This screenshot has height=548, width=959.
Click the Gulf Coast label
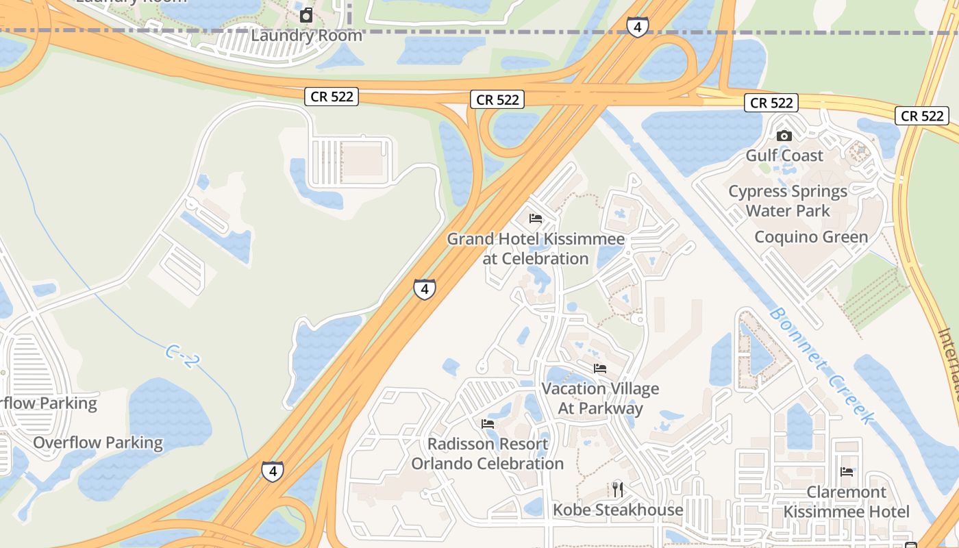coord(784,155)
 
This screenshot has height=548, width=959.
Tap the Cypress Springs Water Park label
coord(788,201)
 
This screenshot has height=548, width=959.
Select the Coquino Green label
coord(811,237)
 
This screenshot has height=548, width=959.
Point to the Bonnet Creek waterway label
coord(821,365)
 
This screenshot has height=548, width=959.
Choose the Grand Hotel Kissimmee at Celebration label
coord(536,249)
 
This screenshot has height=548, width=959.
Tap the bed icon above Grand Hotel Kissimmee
coord(536,219)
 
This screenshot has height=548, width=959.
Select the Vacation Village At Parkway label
coord(600,399)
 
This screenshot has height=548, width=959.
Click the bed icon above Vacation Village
coord(600,369)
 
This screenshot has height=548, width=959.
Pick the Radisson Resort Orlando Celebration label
coord(488,453)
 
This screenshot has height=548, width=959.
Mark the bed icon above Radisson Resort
coord(488,424)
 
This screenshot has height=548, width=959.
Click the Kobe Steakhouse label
coord(618,510)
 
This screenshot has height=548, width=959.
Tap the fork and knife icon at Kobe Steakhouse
coord(618,489)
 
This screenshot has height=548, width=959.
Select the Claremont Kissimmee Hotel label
coord(847,502)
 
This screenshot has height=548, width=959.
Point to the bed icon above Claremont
coord(847,472)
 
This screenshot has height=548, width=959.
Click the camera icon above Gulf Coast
coord(784,136)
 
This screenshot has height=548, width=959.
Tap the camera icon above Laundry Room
coord(306,15)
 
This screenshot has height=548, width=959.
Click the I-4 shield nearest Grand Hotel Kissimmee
coord(425,288)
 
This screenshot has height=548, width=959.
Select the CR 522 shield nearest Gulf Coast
coord(771,103)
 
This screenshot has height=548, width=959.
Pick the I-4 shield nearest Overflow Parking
coord(273,471)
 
